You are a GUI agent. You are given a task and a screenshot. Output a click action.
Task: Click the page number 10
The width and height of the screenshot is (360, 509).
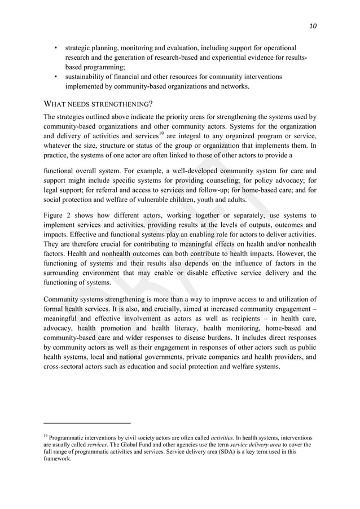point(313,26)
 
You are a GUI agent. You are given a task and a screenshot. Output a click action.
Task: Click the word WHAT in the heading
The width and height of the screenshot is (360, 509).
point(55,104)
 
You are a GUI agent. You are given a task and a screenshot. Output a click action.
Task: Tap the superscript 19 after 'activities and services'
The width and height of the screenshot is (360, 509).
point(161,134)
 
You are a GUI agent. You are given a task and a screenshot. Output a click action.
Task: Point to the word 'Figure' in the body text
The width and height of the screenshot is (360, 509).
point(55,215)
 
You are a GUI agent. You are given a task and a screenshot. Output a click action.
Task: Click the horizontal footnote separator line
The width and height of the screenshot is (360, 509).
point(87,423)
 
